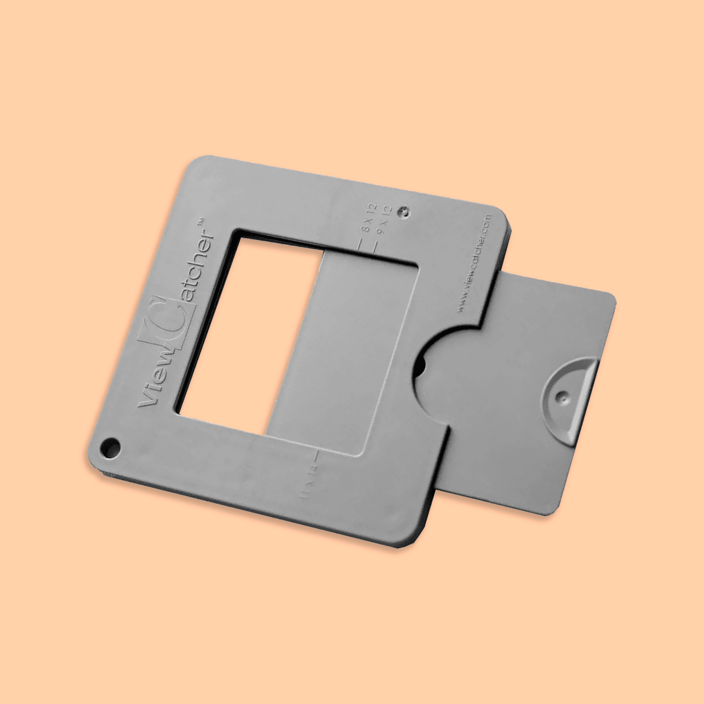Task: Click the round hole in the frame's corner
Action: point(110,447)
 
